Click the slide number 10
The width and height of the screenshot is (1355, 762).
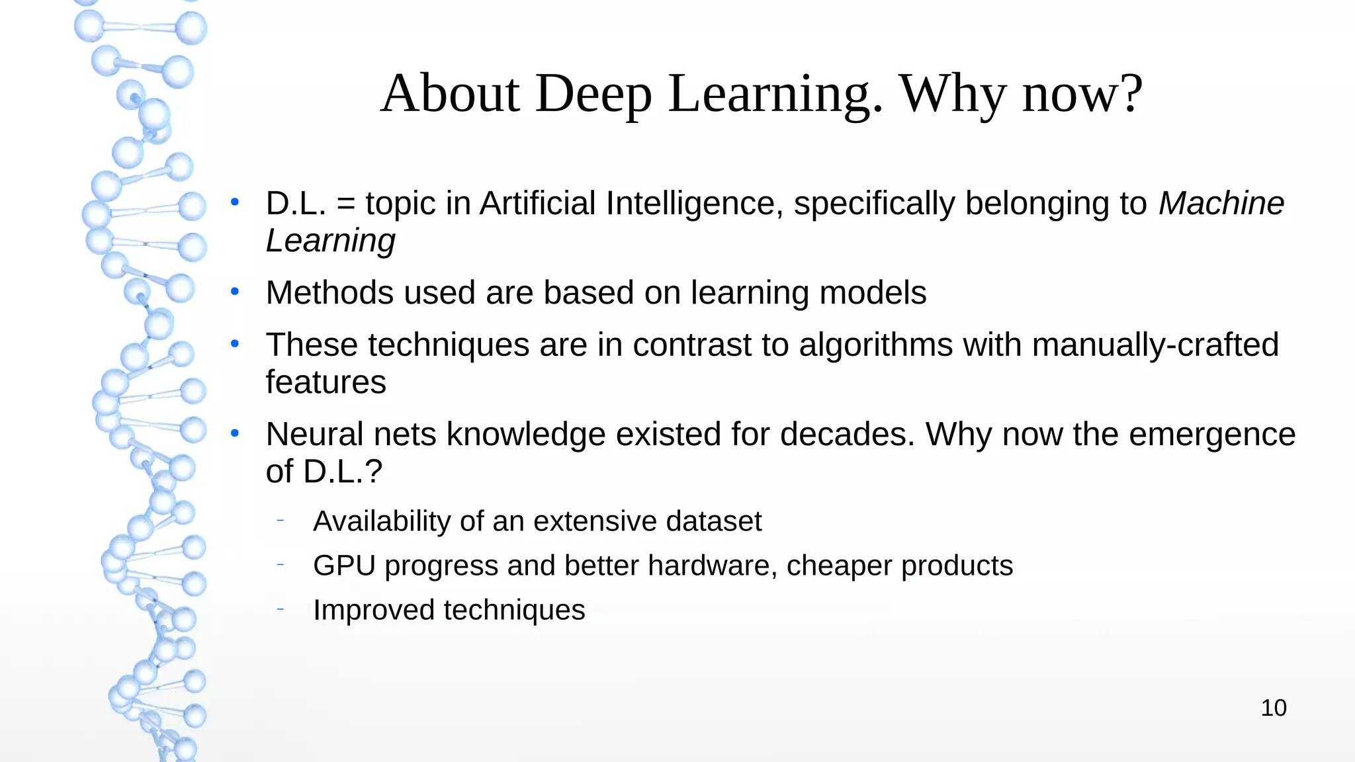[x=1273, y=708]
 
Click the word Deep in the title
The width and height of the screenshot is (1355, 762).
[x=593, y=93]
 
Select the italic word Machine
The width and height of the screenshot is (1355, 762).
[x=1221, y=203]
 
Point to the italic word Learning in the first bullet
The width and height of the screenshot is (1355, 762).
[x=330, y=241]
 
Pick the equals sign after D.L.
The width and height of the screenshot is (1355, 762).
[x=345, y=204]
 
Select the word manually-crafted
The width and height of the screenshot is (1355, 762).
[x=1155, y=345]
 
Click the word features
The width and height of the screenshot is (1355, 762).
[x=326, y=382]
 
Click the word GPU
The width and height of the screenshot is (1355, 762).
[x=344, y=566]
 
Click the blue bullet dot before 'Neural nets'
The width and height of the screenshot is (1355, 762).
[x=234, y=434]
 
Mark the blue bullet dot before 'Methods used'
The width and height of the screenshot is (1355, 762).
[x=234, y=292]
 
